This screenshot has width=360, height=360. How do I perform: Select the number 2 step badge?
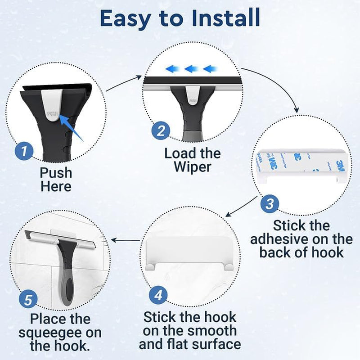[160, 131]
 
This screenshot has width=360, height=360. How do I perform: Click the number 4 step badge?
[158, 295]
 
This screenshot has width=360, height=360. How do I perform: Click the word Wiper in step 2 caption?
[192, 167]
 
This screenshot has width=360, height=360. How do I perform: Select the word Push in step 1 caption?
[56, 172]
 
